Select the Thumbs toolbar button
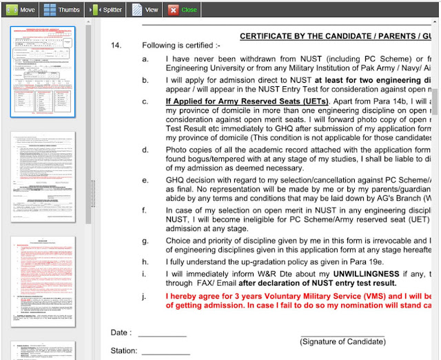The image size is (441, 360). click(61, 10)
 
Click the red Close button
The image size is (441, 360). click(183, 10)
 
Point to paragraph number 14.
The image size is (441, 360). click(116, 46)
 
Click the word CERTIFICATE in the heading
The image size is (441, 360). click(269, 36)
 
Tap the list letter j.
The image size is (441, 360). click(145, 296)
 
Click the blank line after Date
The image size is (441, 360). click(162, 332)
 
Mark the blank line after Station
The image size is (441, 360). click(165, 350)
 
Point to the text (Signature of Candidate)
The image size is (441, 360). click(342, 341)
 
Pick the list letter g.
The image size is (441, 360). click(145, 241)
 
